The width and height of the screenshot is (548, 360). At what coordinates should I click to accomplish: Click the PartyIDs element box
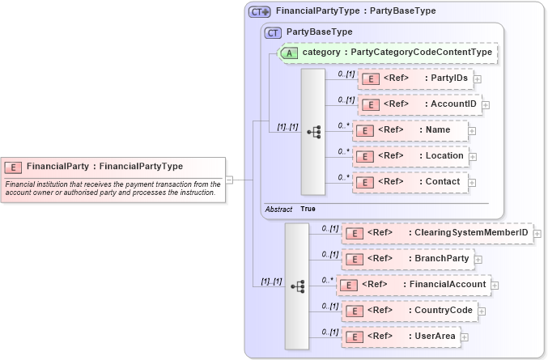click(414, 78)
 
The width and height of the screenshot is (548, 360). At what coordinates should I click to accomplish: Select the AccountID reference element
click(419, 104)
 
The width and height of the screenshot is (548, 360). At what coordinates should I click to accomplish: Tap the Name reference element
click(410, 130)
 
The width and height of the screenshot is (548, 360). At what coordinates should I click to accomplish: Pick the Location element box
click(410, 156)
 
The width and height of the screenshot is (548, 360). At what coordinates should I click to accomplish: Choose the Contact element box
click(410, 182)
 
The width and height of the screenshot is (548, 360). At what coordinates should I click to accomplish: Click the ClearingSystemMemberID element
click(437, 234)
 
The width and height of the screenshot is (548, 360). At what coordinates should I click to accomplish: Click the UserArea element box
click(401, 337)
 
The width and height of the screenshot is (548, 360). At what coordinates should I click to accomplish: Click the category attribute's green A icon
click(289, 53)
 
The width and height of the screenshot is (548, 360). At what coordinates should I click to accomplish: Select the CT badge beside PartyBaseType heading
click(273, 32)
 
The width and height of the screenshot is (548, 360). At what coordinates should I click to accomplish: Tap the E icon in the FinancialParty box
click(13, 167)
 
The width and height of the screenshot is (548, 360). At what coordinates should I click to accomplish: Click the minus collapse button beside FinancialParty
click(230, 180)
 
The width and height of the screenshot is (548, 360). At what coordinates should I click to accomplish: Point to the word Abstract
click(278, 209)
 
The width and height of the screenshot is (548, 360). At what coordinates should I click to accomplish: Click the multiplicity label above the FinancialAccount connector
click(328, 280)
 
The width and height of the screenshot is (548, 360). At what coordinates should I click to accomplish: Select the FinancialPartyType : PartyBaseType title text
click(355, 11)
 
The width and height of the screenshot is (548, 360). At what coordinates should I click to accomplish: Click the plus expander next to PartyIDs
click(478, 78)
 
